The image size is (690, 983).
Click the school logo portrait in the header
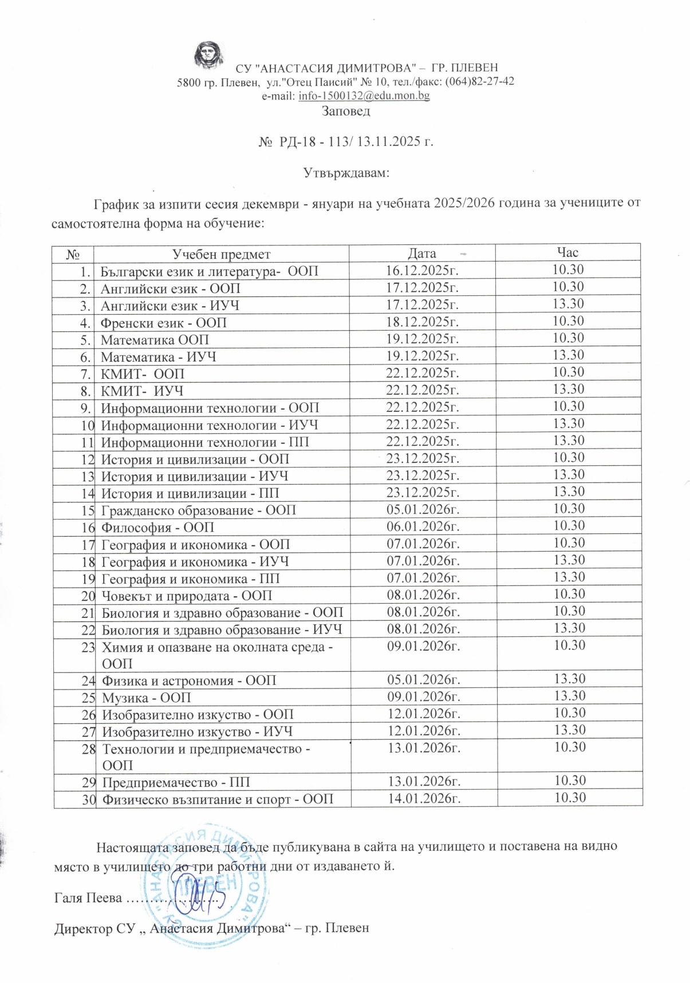point(208,55)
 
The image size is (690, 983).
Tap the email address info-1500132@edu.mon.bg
point(364,96)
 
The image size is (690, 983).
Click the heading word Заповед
point(345,111)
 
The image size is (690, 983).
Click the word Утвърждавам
point(345,172)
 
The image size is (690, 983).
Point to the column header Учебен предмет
point(221,253)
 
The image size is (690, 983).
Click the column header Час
point(567,252)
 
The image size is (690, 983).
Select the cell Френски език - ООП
point(164,323)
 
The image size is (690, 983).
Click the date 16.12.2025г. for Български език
point(423,271)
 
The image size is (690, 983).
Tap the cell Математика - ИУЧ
point(159,357)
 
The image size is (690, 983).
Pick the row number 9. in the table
point(85,408)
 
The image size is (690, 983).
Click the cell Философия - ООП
point(157,527)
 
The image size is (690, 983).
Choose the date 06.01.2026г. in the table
point(423,526)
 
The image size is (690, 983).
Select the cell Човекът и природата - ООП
point(187,596)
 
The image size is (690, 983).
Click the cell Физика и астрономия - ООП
point(189,680)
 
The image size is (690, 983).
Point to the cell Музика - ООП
point(146,697)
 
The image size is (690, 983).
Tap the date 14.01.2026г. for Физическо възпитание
point(424,798)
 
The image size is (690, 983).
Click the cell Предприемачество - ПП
point(176,782)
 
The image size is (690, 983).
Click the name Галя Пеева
point(88,898)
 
